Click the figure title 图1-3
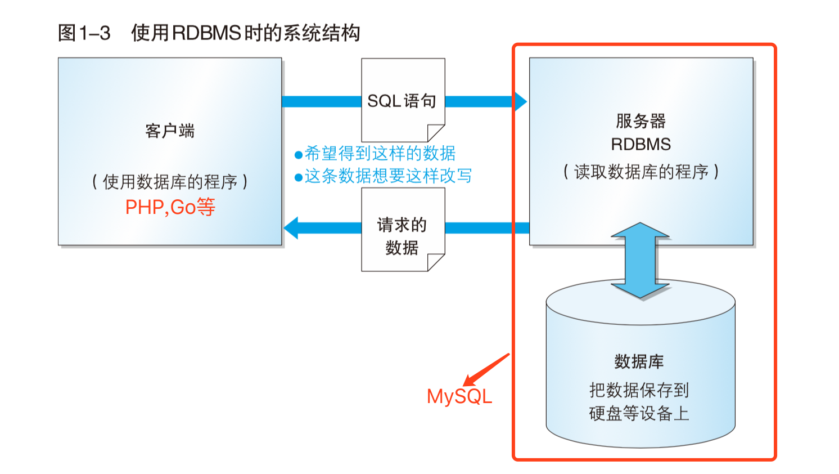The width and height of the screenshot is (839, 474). [84, 33]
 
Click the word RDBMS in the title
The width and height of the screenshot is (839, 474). [206, 33]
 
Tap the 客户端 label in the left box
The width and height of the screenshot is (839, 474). [170, 131]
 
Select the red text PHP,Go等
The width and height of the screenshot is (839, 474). [170, 207]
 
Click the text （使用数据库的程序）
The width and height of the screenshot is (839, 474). [170, 181]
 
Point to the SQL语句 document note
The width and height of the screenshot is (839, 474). [403, 101]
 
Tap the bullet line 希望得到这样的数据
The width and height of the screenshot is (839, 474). [375, 153]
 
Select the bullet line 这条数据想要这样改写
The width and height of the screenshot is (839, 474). [383, 176]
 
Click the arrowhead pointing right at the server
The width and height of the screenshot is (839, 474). [520, 101]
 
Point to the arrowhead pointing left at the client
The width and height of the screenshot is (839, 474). [292, 228]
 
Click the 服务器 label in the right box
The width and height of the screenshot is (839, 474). [640, 120]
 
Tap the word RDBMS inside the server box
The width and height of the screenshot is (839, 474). [640, 144]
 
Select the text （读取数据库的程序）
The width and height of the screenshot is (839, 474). [640, 171]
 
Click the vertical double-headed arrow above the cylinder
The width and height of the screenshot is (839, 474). [640, 260]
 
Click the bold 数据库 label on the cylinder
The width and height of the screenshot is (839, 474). [639, 361]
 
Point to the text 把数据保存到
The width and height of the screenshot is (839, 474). [639, 390]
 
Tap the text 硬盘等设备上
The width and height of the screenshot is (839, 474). [639, 413]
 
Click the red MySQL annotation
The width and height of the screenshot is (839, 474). [459, 396]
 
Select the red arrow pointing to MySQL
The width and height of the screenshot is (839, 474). [487, 369]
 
